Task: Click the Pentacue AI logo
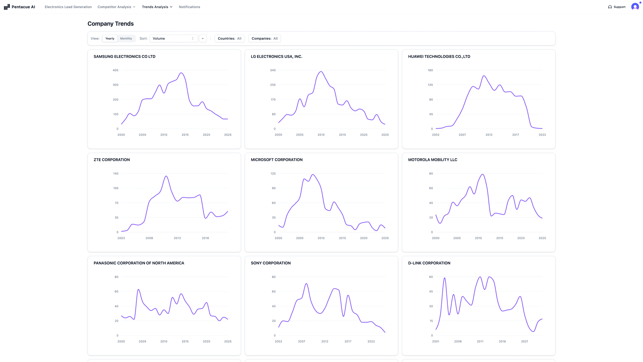pyautogui.click(x=19, y=7)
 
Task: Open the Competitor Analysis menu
pyautogui.click(x=116, y=7)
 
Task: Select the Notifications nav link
pyautogui.click(x=189, y=7)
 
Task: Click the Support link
pyautogui.click(x=617, y=7)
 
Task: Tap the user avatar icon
pyautogui.click(x=635, y=7)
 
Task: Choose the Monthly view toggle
pyautogui.click(x=126, y=38)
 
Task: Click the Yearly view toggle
pyautogui.click(x=110, y=38)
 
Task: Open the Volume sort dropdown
pyautogui.click(x=173, y=38)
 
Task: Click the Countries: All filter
pyautogui.click(x=230, y=38)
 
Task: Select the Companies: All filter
pyautogui.click(x=264, y=38)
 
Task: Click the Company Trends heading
pyautogui.click(x=111, y=24)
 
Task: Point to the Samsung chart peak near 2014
pyautogui.click(x=181, y=73)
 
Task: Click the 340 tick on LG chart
pyautogui.click(x=273, y=70)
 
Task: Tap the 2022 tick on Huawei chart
pyautogui.click(x=542, y=135)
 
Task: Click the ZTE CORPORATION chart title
pyautogui.click(x=111, y=160)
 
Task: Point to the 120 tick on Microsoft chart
pyautogui.click(x=273, y=173)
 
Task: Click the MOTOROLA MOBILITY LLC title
pyautogui.click(x=432, y=160)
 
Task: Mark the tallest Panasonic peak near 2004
pyautogui.click(x=138, y=289)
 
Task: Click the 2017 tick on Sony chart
pyautogui.click(x=348, y=341)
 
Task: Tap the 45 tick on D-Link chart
pyautogui.click(x=431, y=292)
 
